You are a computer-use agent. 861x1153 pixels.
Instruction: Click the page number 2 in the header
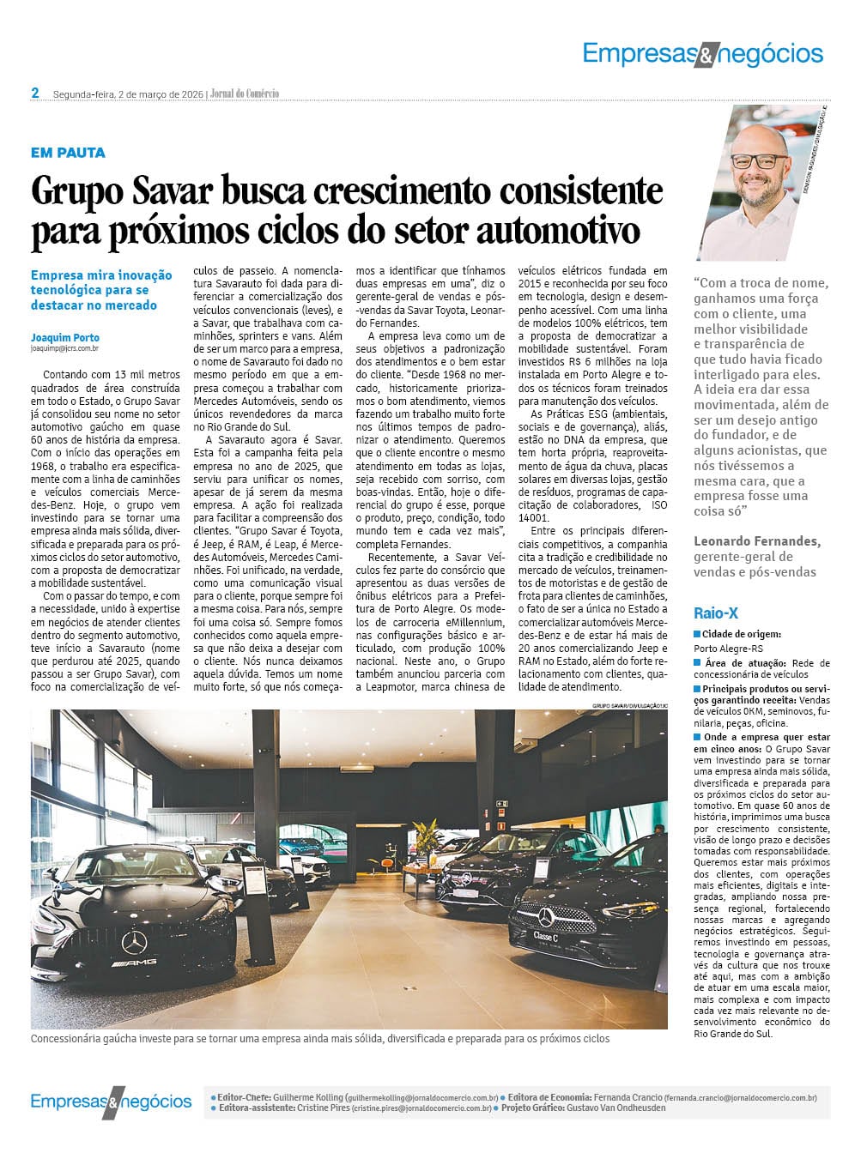35,93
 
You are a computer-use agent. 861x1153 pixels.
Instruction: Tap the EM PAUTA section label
68,153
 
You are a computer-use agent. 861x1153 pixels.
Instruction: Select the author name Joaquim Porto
64,337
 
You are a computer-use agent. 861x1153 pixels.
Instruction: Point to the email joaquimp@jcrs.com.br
64,348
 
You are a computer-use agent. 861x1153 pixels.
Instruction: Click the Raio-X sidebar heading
716,613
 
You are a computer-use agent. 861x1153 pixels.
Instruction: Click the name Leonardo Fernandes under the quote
757,541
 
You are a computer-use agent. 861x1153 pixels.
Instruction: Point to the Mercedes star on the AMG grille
134,942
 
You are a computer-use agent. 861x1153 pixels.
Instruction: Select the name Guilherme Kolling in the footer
307,1097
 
